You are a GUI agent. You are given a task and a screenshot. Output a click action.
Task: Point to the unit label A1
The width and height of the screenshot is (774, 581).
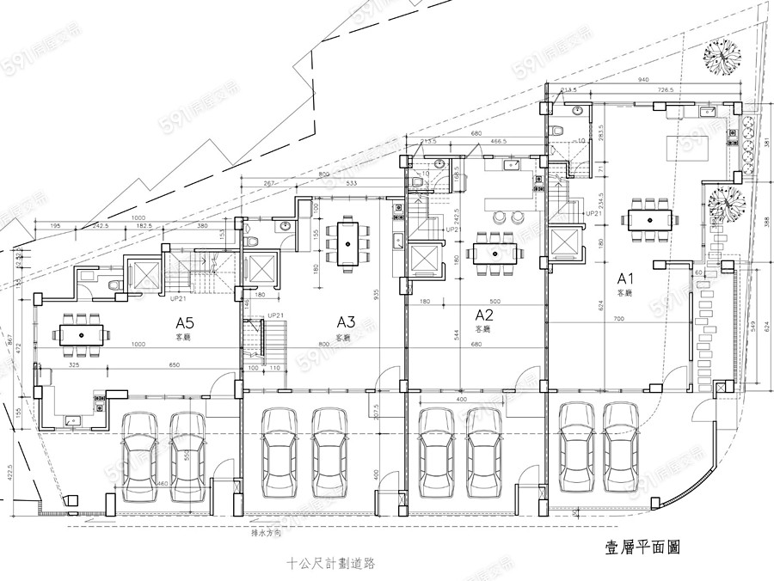(625, 278)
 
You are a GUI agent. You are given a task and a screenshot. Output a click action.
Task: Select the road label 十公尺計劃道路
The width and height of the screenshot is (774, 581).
(333, 564)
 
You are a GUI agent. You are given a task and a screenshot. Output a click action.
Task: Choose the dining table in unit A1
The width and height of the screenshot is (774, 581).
(650, 216)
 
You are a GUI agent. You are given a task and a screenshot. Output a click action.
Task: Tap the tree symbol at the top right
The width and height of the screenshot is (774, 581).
(722, 58)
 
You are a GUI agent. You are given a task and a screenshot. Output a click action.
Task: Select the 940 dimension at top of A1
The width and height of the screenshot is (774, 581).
(642, 79)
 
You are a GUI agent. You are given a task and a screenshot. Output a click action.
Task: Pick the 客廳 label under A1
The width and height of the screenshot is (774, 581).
(625, 293)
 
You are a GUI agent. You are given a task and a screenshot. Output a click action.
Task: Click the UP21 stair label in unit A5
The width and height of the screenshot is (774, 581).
(179, 298)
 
